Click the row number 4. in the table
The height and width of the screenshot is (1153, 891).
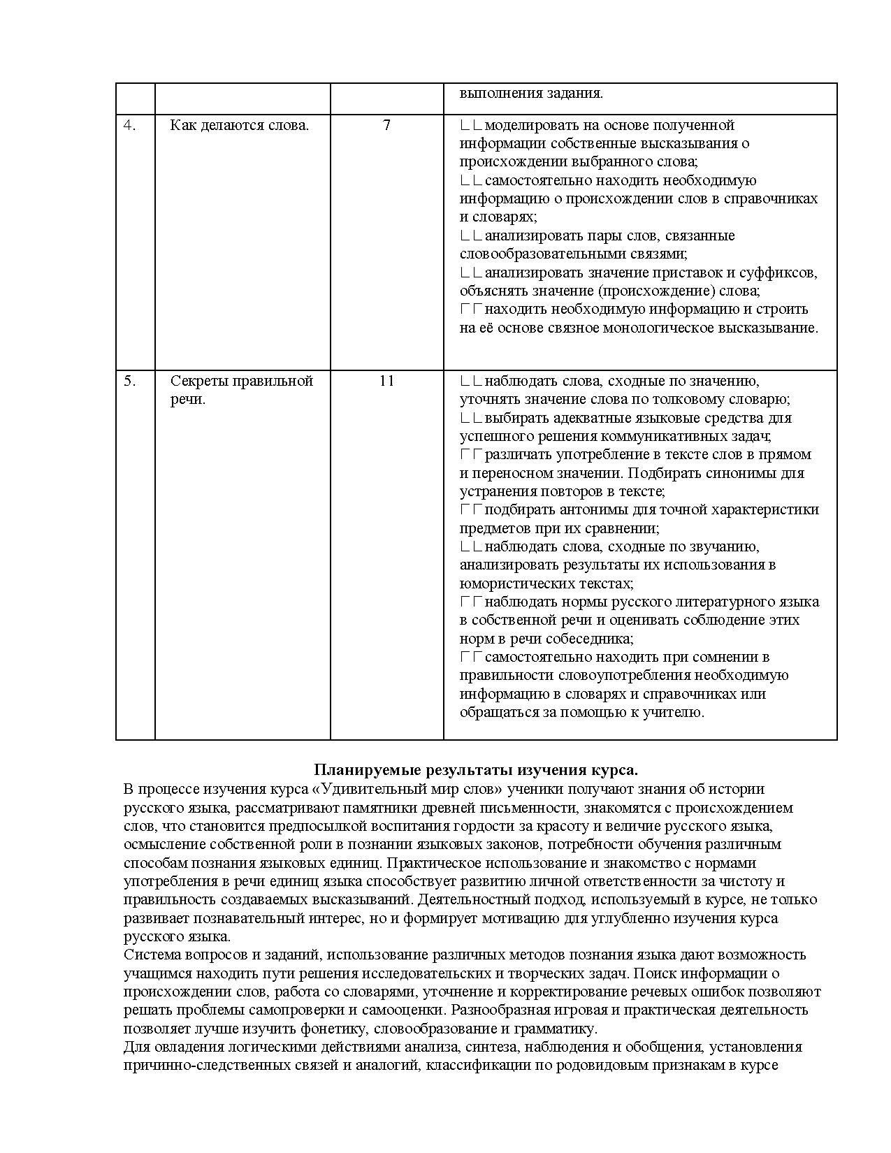coord(130,126)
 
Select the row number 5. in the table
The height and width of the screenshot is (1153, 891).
coord(130,382)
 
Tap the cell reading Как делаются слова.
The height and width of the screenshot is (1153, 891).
coord(239,126)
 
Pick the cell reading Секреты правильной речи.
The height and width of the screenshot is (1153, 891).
coord(241,390)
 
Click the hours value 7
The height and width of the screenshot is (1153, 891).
coord(386,126)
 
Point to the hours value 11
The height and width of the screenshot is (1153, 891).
coord(386,382)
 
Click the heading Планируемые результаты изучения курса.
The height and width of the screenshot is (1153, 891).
coord(476,770)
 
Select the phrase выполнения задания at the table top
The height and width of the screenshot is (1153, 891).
coord(531,94)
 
